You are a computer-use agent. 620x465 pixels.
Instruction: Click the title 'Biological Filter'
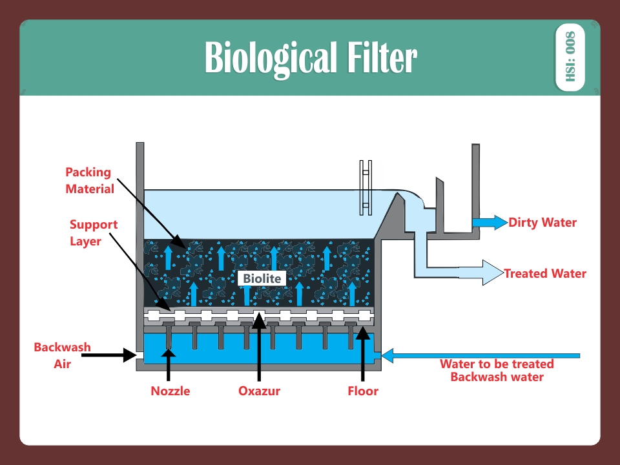pos(311,58)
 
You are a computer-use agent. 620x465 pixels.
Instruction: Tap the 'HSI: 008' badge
pos(570,57)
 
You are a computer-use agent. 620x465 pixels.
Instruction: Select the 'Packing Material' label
pos(89,181)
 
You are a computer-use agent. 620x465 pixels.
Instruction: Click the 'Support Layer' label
pos(94,232)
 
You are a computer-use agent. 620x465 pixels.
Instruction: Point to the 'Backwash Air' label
pos(62,355)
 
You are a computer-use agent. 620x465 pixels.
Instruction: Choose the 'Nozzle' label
pos(170,391)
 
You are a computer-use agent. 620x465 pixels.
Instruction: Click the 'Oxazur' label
pos(259,391)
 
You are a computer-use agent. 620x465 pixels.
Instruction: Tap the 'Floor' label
pos(363,391)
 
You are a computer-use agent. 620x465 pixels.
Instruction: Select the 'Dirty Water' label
pos(542,223)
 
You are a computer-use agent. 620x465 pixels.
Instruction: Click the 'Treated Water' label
pos(545,273)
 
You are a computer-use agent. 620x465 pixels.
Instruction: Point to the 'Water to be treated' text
pos(497,364)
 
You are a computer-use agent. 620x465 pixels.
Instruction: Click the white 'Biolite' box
pos(262,278)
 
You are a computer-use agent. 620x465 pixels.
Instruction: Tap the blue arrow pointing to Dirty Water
pos(490,223)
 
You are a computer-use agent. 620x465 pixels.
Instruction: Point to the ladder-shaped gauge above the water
pos(366,187)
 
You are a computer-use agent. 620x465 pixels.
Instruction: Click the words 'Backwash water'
pos(497,377)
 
